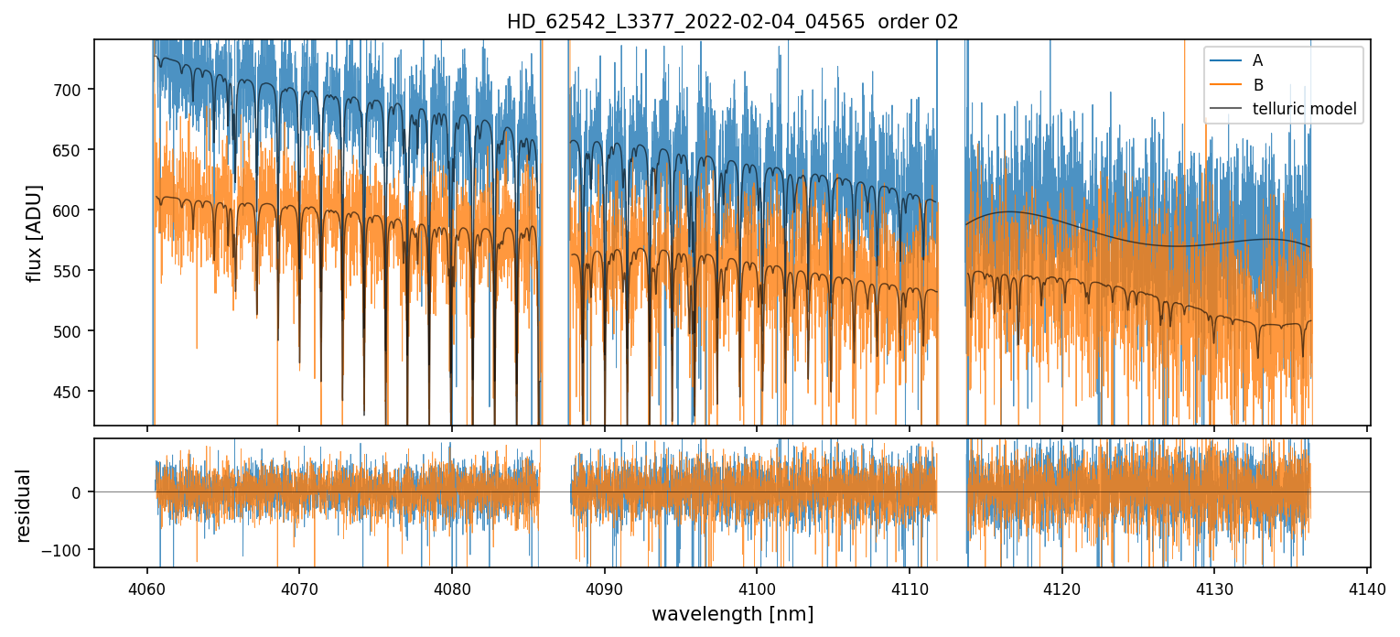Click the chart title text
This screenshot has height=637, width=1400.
pos(732,22)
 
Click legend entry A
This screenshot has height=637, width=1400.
pos(1257,60)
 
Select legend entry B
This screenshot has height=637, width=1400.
pos(1257,85)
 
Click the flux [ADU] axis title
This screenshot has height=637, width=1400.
pos(34,232)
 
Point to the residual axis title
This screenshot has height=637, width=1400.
pos(23,505)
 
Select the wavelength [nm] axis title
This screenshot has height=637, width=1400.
pos(732,613)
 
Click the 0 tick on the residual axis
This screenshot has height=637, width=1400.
pos(77,492)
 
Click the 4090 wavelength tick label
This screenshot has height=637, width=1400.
pos(604,586)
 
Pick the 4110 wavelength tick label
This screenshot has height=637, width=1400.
pos(909,586)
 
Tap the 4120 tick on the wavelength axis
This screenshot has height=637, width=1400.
pos(1061,586)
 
